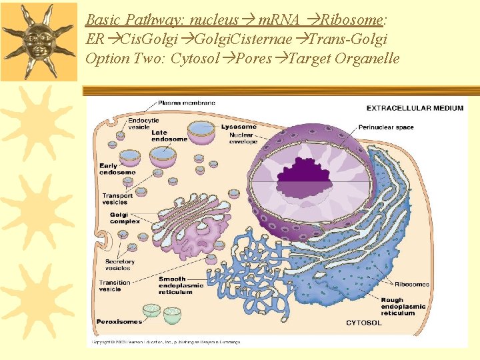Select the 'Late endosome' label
(x=169, y=136)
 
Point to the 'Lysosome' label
(x=239, y=127)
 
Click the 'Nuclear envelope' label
(x=243, y=139)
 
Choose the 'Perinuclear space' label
(x=386, y=127)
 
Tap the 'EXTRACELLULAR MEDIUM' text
(x=415, y=108)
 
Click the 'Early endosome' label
(x=117, y=169)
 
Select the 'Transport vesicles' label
(x=117, y=199)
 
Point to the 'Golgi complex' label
(x=125, y=218)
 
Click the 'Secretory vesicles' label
(x=119, y=265)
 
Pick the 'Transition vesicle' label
(x=115, y=285)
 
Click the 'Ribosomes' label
(x=411, y=284)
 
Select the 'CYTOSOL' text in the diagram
(x=363, y=323)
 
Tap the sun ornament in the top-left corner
(x=39, y=40)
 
